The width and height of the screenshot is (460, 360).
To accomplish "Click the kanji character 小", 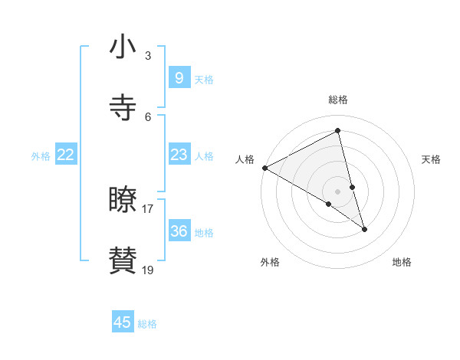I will coord(123,47).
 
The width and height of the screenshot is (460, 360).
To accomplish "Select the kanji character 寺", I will coord(123,108).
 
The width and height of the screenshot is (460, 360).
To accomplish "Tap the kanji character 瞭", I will coord(123,200).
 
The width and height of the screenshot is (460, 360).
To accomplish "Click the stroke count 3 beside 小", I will coord(148,55).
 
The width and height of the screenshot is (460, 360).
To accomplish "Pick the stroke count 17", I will coord(148,208).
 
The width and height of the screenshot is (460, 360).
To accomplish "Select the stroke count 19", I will coord(148,270).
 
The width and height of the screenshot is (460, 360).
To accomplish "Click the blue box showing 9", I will coord(179,77).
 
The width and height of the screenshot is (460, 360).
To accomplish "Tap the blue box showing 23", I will coord(179,155).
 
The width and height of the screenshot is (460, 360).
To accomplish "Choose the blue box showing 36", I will coord(179,231).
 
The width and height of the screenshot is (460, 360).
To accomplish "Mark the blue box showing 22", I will coord(66,155).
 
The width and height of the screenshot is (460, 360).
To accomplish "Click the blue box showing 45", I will coord(123,322).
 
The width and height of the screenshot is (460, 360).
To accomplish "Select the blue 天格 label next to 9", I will coord(204,79).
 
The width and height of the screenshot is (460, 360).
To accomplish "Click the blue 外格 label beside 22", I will coord(41,156).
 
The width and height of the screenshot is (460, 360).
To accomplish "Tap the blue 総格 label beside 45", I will coord(147,324).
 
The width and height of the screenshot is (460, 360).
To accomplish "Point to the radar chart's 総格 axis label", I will coord(338,100).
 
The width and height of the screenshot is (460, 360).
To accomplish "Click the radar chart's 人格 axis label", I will coord(245,159).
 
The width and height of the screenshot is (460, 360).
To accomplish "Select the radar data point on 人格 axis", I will coord(264,168).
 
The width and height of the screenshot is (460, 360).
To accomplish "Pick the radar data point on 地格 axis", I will coord(364,229).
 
